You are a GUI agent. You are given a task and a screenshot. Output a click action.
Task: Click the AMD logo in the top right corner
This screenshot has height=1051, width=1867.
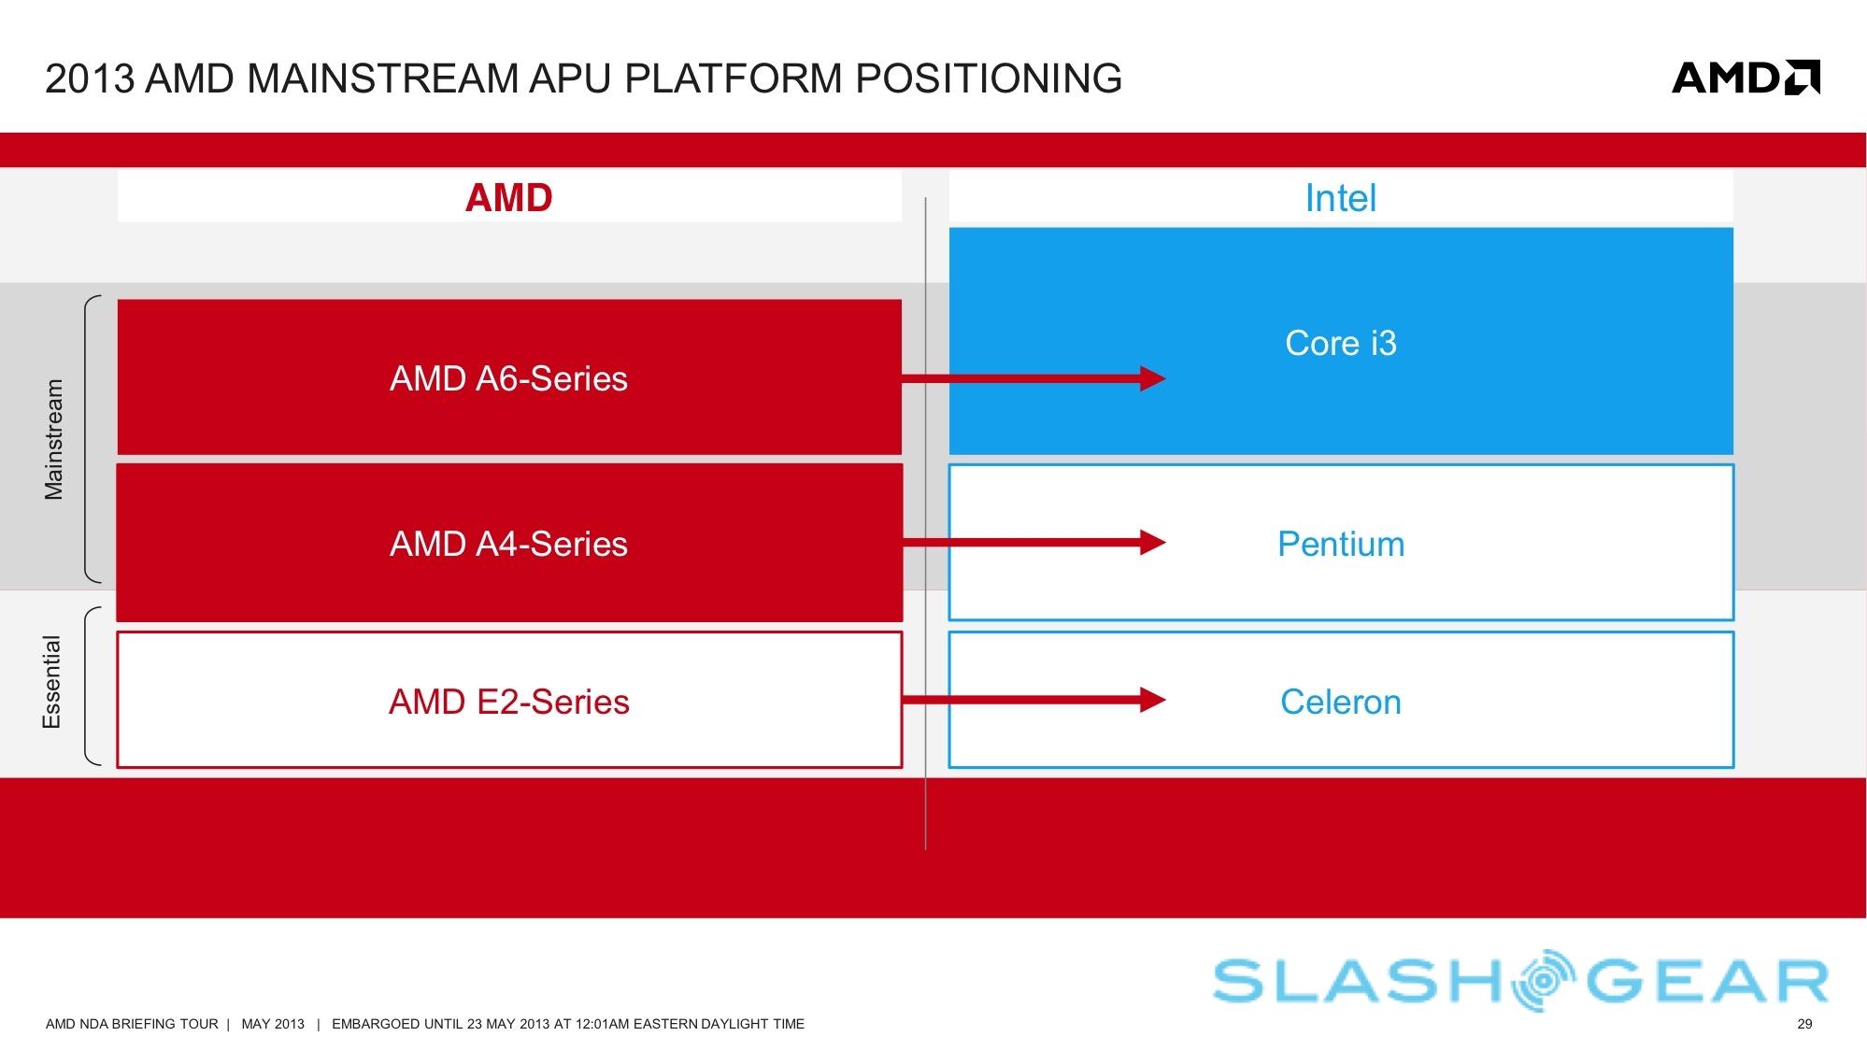tap(1745, 78)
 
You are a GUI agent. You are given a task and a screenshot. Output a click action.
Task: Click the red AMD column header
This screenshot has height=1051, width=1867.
tap(509, 198)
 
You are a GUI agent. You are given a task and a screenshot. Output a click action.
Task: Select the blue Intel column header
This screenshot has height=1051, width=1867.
tap(1340, 198)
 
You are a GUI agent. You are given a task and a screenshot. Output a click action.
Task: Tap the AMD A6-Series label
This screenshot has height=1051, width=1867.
tap(508, 378)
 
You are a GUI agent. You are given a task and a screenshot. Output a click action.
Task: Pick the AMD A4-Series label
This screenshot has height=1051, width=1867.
tap(508, 544)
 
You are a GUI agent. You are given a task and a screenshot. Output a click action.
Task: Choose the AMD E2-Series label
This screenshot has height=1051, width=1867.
tap(508, 702)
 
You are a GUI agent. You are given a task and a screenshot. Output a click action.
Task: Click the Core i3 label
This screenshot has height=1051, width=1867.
tap(1340, 343)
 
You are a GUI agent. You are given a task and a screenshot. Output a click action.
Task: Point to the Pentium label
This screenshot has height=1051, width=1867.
tap(1340, 544)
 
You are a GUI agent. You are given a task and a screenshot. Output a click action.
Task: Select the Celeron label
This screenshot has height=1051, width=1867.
tap(1340, 702)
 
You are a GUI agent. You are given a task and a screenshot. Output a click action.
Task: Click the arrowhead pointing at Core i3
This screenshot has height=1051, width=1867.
tap(1153, 378)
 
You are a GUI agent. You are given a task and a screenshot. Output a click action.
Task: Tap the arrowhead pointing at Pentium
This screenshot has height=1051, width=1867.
tap(1153, 543)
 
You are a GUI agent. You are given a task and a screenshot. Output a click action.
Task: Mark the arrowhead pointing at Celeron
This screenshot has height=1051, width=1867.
tap(1153, 700)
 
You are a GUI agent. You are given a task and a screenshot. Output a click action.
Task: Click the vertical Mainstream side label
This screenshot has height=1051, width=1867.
tap(54, 439)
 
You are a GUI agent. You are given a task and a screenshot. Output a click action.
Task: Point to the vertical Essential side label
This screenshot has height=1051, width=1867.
tap(52, 682)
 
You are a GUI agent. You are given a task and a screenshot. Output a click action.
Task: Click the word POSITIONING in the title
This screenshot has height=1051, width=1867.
tap(989, 78)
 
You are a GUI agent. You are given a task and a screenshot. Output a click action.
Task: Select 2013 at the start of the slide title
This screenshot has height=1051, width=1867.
tap(90, 78)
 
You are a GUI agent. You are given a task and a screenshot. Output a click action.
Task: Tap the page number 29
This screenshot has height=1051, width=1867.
tap(1804, 1024)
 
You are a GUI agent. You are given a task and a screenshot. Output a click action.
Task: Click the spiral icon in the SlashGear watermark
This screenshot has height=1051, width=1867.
tap(1547, 980)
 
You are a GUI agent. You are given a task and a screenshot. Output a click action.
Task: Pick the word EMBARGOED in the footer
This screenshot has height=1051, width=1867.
tap(377, 1024)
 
